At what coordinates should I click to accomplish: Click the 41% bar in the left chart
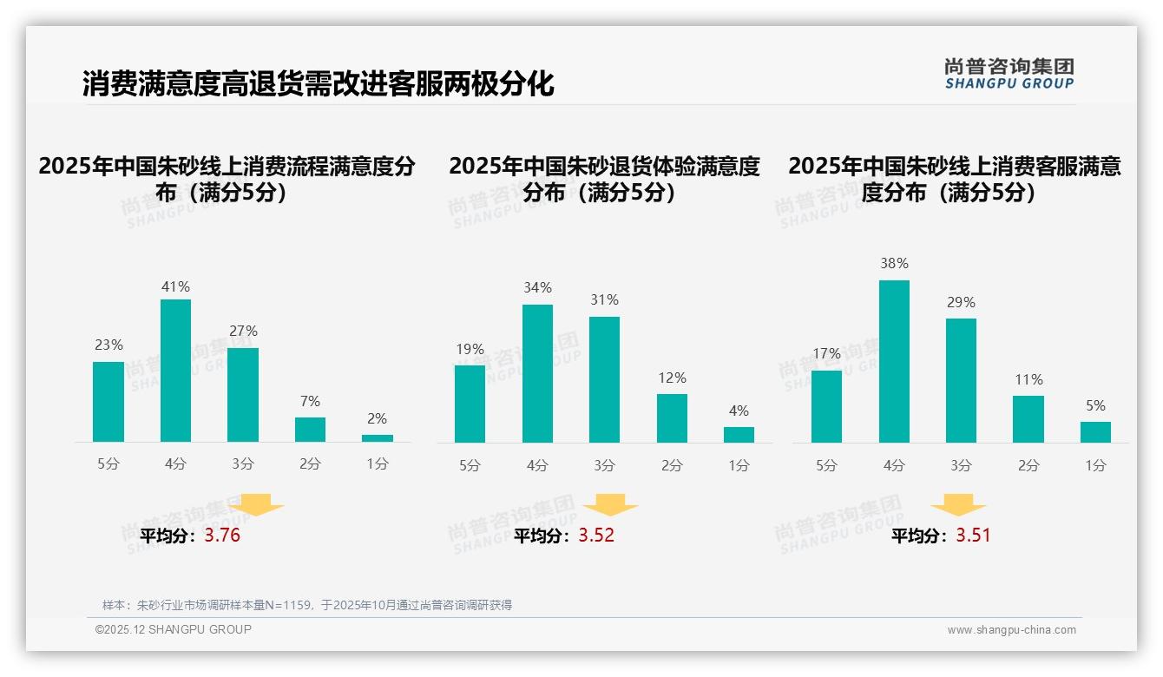pos(175,371)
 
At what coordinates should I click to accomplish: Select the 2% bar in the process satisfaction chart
pos(378,438)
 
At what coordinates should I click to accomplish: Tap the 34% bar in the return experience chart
pos(537,373)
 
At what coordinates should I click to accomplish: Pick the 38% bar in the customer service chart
pos(894,361)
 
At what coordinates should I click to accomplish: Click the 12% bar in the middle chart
pos(672,418)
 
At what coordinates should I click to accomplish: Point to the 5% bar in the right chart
pos(1095,432)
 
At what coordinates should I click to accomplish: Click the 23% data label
pos(108,345)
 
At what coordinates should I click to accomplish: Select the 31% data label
pos(604,299)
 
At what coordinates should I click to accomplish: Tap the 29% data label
pos(961,302)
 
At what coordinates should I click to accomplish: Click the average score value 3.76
pos(222,536)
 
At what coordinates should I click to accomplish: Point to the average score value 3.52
pos(596,536)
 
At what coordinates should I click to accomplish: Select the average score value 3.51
pos(973,536)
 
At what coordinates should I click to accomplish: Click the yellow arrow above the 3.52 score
pos(610,505)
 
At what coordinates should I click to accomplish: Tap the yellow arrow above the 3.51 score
pos(958,505)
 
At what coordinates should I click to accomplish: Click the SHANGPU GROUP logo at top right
pos(1009,74)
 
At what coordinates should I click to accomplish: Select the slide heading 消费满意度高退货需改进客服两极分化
pos(318,84)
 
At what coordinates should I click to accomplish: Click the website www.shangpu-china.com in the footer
pos(1011,630)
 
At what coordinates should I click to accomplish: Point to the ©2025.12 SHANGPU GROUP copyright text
pos(174,629)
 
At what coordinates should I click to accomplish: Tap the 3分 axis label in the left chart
pos(243,464)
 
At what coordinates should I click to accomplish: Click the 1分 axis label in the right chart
pos(1095,466)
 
